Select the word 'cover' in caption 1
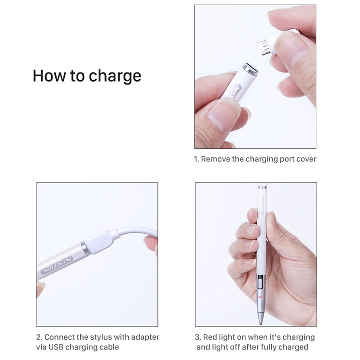pyautogui.click(x=305, y=159)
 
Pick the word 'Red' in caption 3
pyautogui.click(x=211, y=337)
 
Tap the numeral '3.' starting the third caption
pyautogui.click(x=198, y=337)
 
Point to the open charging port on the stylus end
pyautogui.click(x=251, y=70)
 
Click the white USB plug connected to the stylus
pyautogui.click(x=101, y=241)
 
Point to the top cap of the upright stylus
pyautogui.click(x=262, y=188)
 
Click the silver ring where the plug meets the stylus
pyautogui.click(x=85, y=248)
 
